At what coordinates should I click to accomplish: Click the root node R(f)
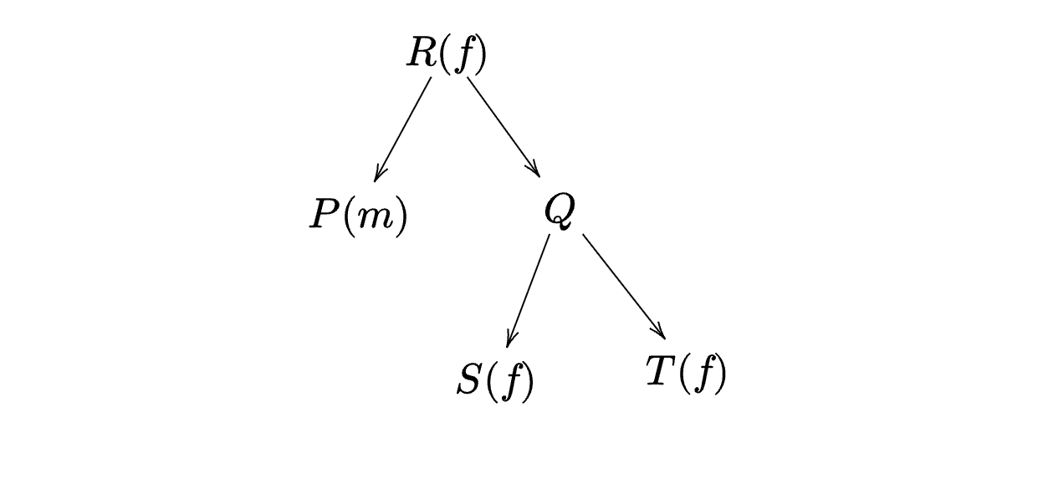[x=447, y=54]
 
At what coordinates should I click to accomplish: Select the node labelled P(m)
[x=359, y=216]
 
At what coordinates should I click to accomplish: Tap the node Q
[x=559, y=211]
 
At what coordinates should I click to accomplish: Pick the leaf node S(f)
[x=495, y=381]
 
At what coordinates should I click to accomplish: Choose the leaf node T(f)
[x=686, y=373]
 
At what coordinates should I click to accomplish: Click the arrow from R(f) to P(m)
[x=402, y=130]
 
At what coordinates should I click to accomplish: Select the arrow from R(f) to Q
[x=504, y=127]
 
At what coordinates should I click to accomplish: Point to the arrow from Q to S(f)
[x=529, y=291]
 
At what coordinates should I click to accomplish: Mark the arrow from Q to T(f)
[x=624, y=286]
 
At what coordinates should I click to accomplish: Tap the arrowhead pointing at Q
[x=534, y=169]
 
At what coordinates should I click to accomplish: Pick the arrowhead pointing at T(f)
[x=659, y=330]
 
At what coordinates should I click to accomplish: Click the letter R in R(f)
[x=422, y=52]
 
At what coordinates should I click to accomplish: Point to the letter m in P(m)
[x=374, y=219]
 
